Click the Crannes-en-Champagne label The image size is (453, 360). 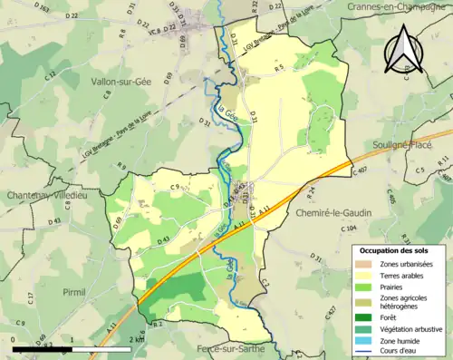pyautogui.click(x=398, y=7)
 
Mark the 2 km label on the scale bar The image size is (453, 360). pyautogui.click(x=136, y=337)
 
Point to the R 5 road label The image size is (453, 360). pyautogui.click(x=280, y=68)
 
